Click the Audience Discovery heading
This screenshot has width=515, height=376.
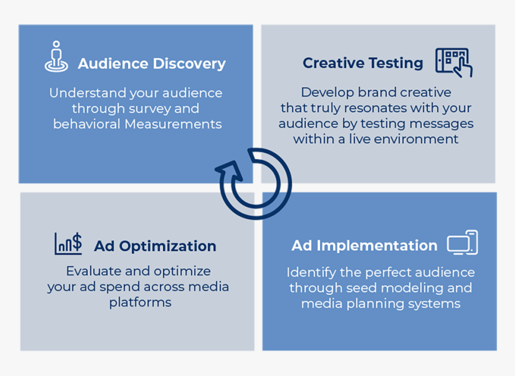152,63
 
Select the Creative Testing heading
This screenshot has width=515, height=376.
363,63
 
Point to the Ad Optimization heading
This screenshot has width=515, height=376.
155,246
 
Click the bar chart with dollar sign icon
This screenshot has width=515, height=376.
68,244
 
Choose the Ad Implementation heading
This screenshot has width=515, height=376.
365,245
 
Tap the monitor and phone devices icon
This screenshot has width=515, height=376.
462,242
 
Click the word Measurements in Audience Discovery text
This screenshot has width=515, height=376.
173,124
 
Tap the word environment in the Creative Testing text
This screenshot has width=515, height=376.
416,140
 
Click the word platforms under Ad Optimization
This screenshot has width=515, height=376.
140,302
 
